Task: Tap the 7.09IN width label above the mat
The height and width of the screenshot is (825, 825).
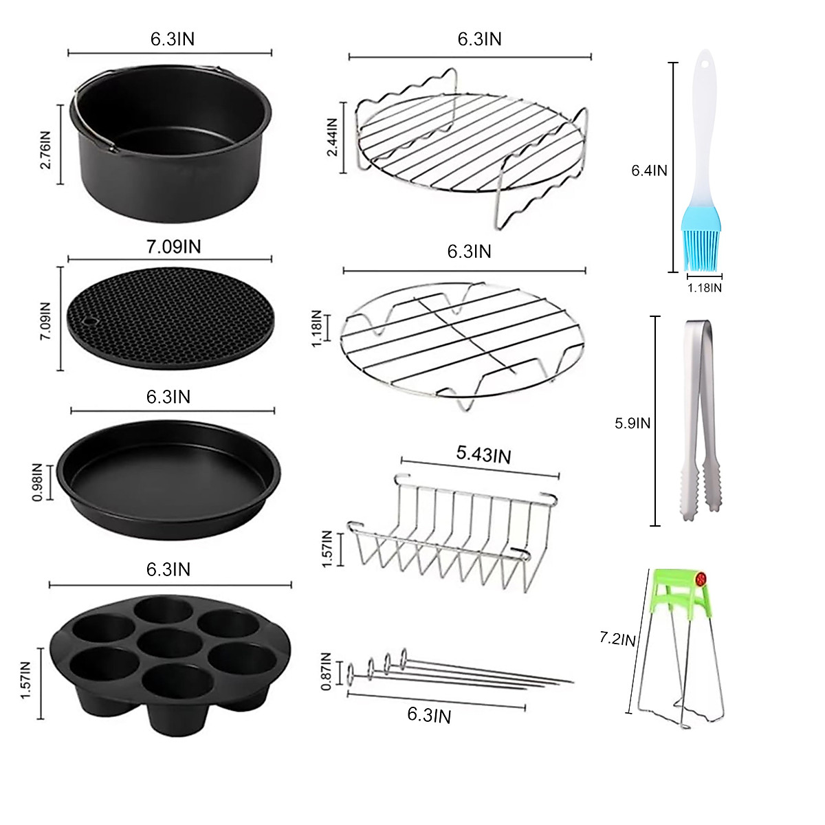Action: coord(173,246)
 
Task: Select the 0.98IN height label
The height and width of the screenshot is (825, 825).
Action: coord(38,483)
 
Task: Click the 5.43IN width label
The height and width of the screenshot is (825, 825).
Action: coord(483,454)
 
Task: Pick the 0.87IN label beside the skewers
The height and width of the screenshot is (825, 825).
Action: coord(327,671)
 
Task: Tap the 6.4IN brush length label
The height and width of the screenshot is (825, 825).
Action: coord(649,170)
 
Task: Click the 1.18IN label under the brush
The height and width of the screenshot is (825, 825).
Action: coord(705,288)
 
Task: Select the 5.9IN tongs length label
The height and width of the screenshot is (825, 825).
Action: coord(632,423)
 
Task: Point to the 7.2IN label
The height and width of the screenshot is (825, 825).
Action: coord(617,639)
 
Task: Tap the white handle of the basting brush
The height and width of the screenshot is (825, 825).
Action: coord(701,124)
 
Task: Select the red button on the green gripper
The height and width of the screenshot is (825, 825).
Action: coord(701,579)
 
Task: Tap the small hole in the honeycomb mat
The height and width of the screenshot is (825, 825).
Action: coord(89,322)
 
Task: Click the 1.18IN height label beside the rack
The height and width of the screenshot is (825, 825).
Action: coord(317,329)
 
